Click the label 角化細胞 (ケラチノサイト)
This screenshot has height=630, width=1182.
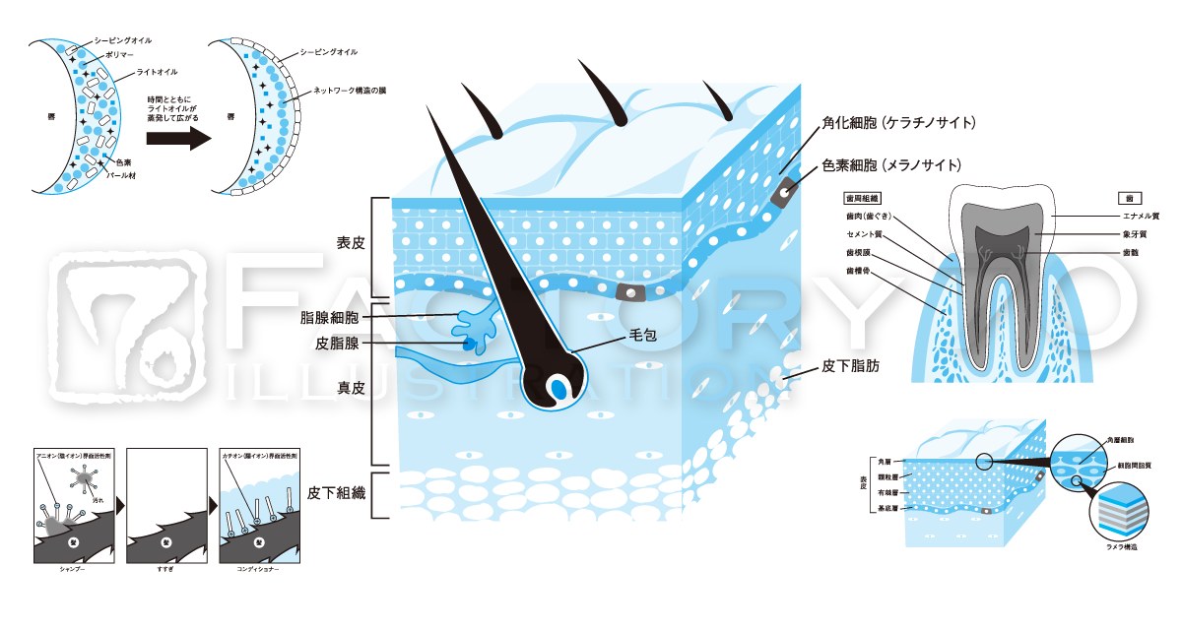coord(898,123)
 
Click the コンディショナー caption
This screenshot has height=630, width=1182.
coord(258,570)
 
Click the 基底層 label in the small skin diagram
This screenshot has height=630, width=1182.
coord(886,509)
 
